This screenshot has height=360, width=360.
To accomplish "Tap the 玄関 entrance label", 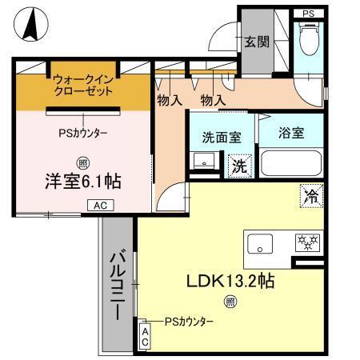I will coord(256,42).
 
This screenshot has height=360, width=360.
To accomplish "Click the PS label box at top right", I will coord(308,14).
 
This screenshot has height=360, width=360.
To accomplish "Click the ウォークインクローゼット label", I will coord(83,85).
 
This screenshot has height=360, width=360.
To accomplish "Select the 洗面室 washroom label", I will coord(220,137).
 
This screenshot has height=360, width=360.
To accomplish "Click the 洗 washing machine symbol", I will coord(238,166).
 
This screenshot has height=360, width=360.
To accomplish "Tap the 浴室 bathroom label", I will coord(291,134).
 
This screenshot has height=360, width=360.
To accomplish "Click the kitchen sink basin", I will coord(261,243).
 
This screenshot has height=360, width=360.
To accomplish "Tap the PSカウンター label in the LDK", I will coord(189,321).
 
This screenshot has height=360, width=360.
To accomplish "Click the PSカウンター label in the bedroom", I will coord(83,133).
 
